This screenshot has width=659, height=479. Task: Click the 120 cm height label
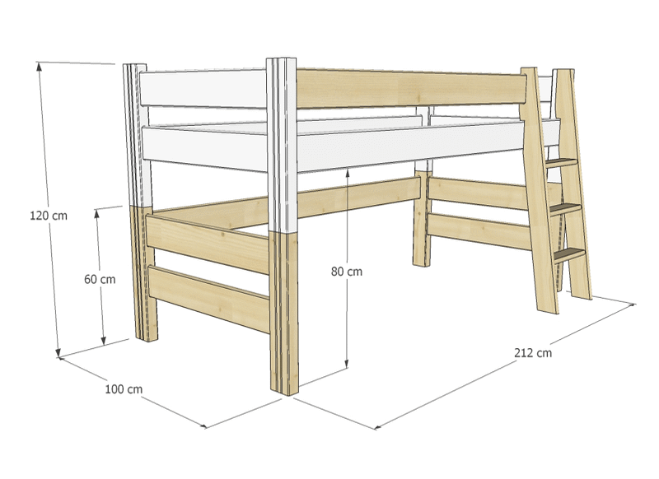(x=49, y=216)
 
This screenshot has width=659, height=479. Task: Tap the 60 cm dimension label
(x=100, y=279)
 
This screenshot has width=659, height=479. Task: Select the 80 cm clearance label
(x=346, y=272)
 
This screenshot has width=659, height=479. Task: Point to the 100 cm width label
(x=124, y=389)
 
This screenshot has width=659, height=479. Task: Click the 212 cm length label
(x=533, y=352)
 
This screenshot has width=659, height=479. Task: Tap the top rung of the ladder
(x=561, y=163)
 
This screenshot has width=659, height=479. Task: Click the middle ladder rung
(x=565, y=209)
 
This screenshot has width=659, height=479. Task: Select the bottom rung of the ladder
(x=569, y=254)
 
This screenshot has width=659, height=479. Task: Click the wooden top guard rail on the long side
(x=411, y=89)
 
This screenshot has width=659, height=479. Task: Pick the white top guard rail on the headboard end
(x=203, y=89)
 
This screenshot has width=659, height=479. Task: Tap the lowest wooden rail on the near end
(x=209, y=299)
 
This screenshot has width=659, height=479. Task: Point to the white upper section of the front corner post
(x=282, y=145)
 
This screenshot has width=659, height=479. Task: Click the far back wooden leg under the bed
(x=422, y=218)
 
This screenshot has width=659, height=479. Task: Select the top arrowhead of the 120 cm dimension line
(x=39, y=66)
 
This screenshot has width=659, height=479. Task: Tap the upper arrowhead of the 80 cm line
(x=347, y=173)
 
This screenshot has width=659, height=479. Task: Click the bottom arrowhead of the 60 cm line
(x=104, y=342)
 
